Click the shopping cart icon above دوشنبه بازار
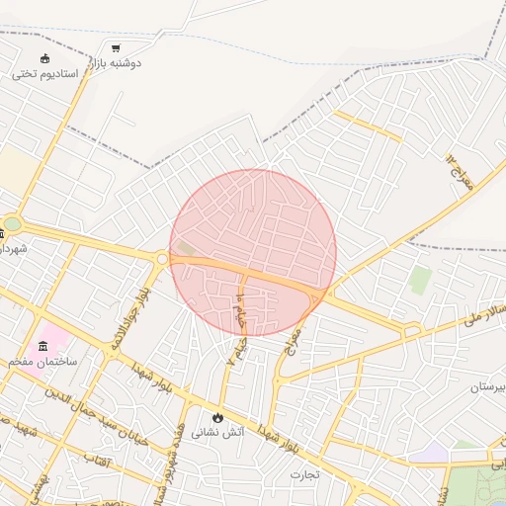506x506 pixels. pyautogui.click(x=116, y=47)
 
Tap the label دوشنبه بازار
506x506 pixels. pyautogui.click(x=117, y=62)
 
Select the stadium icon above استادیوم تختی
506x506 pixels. pyautogui.click(x=44, y=57)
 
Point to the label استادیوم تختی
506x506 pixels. pyautogui.click(x=39, y=73)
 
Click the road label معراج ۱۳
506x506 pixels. pyautogui.click(x=460, y=170)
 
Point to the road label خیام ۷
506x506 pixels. pyautogui.click(x=237, y=333)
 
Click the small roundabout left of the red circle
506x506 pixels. pyautogui.click(x=161, y=259)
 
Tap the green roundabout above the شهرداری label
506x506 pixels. pyautogui.click(x=11, y=224)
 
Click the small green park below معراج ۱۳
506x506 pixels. pyautogui.click(x=420, y=281)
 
